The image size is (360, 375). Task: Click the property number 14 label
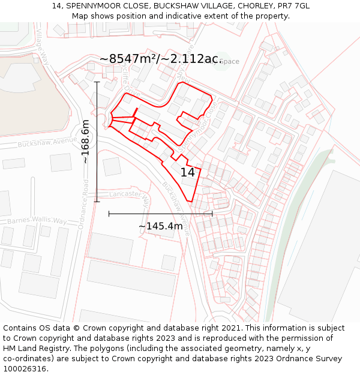pos(188,172)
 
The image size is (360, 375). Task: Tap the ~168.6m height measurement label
pos(85,142)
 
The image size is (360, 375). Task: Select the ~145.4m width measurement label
pos(161,226)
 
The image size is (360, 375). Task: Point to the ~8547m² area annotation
pos(161,59)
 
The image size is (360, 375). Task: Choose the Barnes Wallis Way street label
pos(37,221)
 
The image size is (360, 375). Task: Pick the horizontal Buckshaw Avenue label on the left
pos(47,143)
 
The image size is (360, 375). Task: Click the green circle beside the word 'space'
pos(221,61)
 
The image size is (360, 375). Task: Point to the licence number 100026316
pos(25,369)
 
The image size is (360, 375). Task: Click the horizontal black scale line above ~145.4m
pos(161,213)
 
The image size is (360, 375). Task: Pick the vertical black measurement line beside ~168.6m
pos(97,142)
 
